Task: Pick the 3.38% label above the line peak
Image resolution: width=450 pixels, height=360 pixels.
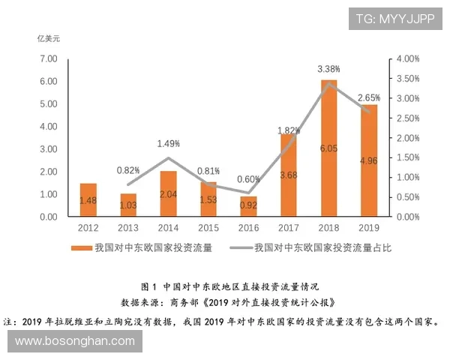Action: click(x=327, y=69)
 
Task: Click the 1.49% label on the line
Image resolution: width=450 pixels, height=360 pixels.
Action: click(x=169, y=143)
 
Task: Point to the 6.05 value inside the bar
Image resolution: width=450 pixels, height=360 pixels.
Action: click(x=329, y=149)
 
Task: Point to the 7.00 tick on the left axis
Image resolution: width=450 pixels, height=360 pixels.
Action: click(x=48, y=58)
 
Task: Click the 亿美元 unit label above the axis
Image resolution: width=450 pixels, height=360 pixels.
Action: click(x=49, y=37)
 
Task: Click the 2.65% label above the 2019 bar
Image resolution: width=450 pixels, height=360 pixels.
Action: click(x=369, y=98)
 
